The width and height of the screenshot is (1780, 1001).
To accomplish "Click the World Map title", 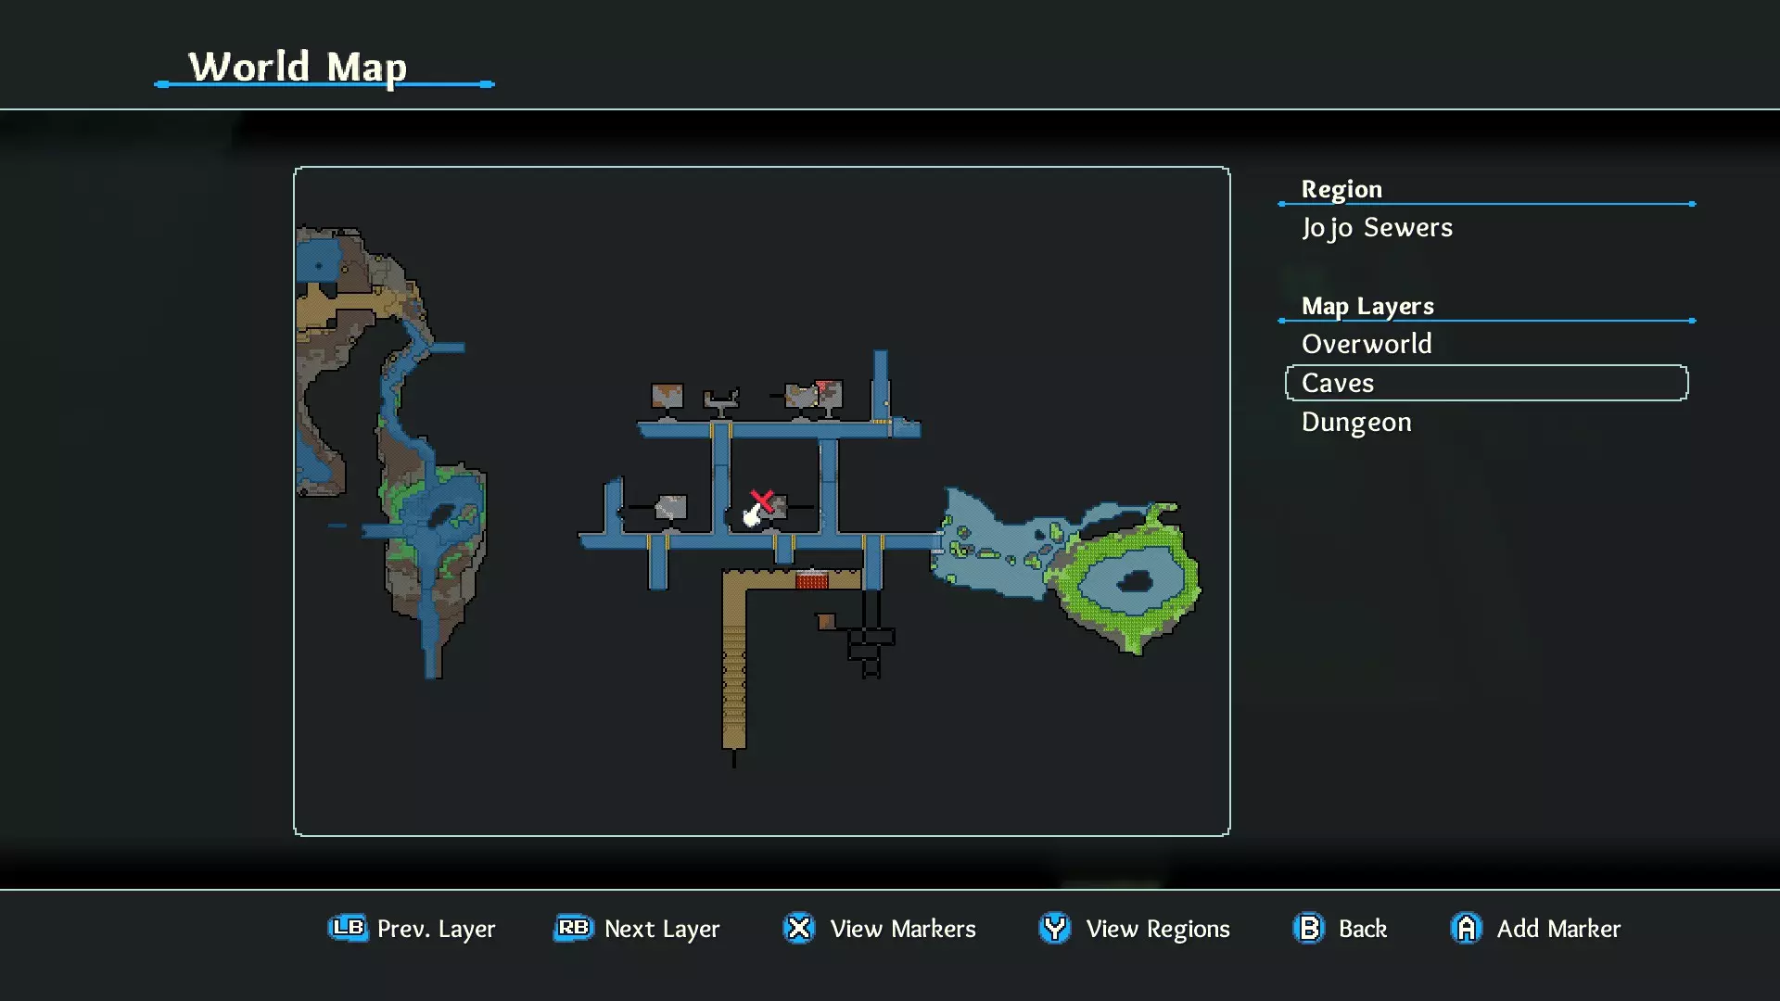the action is pyautogui.click(x=298, y=68).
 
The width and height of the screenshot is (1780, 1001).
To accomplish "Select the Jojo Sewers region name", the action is pyautogui.click(x=1377, y=228).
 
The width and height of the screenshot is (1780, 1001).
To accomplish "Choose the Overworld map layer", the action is pyautogui.click(x=1367, y=344).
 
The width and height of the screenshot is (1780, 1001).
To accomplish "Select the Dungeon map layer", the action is pyautogui.click(x=1356, y=423).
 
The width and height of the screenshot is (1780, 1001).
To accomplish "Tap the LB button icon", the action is pyautogui.click(x=348, y=928).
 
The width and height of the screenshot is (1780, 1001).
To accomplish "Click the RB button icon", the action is pyautogui.click(x=574, y=928).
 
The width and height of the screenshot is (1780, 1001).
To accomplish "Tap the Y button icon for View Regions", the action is pyautogui.click(x=1055, y=928).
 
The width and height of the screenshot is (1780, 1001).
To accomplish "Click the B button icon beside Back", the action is pyautogui.click(x=1309, y=928).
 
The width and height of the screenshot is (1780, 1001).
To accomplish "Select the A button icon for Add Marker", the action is pyautogui.click(x=1467, y=928).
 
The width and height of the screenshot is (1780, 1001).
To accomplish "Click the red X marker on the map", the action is pyautogui.click(x=762, y=501).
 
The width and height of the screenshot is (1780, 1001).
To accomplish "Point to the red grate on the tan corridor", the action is pyautogui.click(x=811, y=581).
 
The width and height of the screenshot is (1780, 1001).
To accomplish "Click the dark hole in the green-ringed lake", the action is pyautogui.click(x=1135, y=582).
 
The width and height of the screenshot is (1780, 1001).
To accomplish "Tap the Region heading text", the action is pyautogui.click(x=1341, y=189).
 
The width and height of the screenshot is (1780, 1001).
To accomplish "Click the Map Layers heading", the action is pyautogui.click(x=1367, y=306).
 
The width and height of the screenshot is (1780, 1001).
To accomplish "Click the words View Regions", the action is pyautogui.click(x=1158, y=929).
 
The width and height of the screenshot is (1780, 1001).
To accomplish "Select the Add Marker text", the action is pyautogui.click(x=1558, y=929).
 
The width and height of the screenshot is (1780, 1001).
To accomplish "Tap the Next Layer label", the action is pyautogui.click(x=662, y=929).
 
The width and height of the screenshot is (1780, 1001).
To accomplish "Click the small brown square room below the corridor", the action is pyautogui.click(x=826, y=621).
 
